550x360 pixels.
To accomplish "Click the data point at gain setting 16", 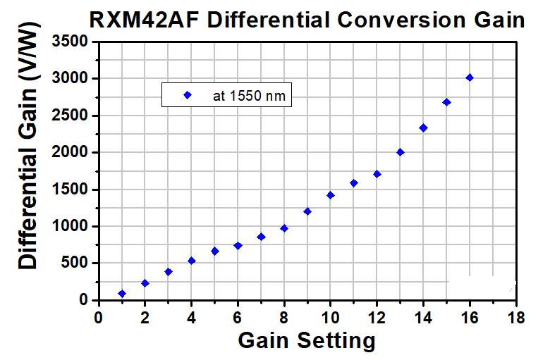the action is tap(470, 77).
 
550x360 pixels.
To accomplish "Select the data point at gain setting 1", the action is tap(122, 294).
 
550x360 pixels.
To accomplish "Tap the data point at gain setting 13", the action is tap(401, 152).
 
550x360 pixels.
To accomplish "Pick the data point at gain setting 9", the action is tap(307, 211).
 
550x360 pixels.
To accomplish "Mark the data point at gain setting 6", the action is tap(238, 246).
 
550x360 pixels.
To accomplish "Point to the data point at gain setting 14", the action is tap(423, 128).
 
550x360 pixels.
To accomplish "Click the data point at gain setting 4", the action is tap(192, 261).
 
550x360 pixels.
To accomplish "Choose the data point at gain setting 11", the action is tap(354, 183).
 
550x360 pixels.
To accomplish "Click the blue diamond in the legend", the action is tap(188, 95).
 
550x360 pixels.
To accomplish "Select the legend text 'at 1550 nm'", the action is tap(249, 96).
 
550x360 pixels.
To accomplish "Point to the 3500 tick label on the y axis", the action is tap(70, 42).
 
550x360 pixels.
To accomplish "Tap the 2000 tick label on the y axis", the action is tap(70, 152).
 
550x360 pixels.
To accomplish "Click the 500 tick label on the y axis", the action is tap(74, 263).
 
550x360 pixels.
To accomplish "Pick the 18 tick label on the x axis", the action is tap(516, 318).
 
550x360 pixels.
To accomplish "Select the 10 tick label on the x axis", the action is tap(330, 318).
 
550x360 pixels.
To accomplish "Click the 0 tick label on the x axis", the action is tap(99, 318).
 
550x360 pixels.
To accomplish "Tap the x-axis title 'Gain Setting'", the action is tap(307, 340).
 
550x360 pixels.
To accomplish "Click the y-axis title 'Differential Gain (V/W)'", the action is tap(28, 145).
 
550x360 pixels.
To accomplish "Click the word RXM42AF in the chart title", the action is tap(144, 20).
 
